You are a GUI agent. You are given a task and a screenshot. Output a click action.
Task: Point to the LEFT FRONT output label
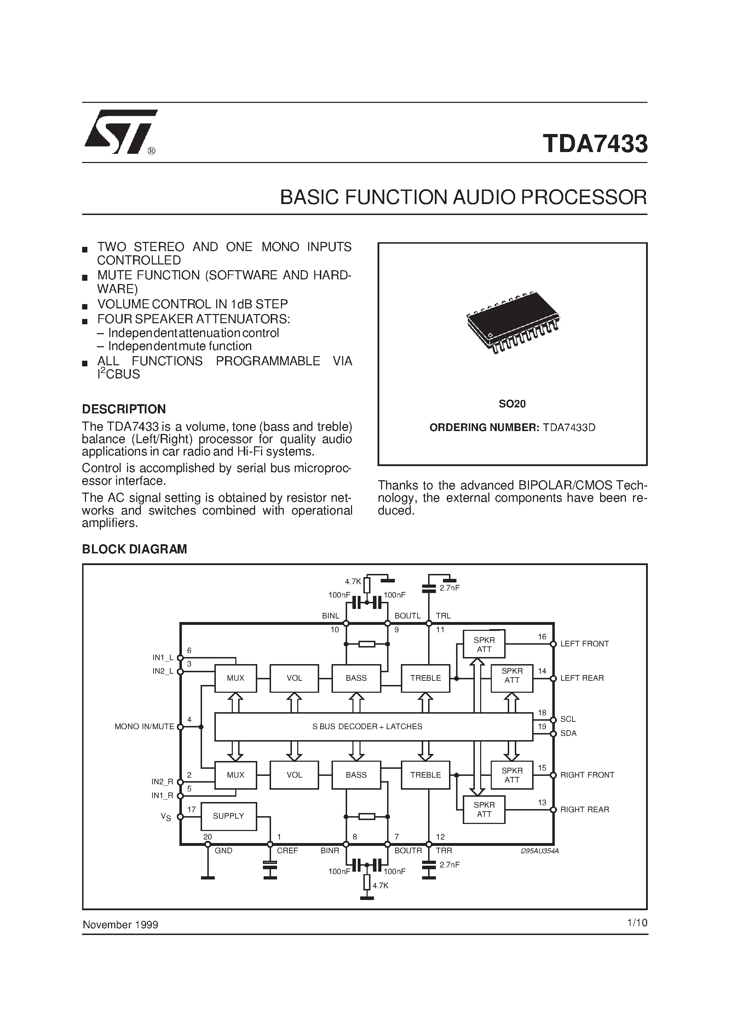tap(584, 644)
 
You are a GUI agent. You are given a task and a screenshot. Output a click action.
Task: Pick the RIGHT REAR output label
tap(584, 809)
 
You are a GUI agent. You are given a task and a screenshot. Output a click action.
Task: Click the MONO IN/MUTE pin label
tap(144, 726)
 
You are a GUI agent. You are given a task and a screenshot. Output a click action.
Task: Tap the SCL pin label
tap(568, 719)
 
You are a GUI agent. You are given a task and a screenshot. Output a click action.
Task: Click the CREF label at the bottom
tap(287, 851)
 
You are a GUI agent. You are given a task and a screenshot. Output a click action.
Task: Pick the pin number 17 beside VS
tap(191, 809)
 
